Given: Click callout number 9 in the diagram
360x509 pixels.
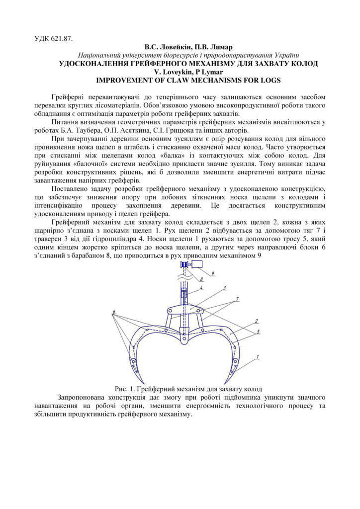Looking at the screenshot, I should (212, 273).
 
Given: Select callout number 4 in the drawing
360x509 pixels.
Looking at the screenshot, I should (201, 288).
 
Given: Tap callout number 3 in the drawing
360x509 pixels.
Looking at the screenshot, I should (224, 287).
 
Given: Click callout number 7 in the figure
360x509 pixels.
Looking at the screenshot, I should (237, 298).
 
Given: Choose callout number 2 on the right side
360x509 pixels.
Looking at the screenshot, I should (256, 321).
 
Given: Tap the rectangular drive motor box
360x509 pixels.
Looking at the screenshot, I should (197, 264).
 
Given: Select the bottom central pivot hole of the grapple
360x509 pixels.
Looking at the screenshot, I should (183, 341).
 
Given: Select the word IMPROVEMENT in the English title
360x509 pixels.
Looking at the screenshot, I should (123, 80).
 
